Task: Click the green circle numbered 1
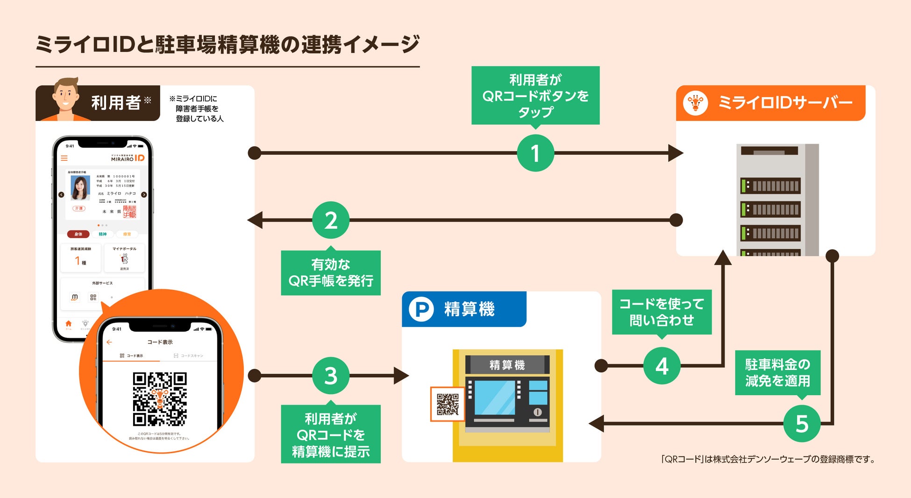[x=535, y=153]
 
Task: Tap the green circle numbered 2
[x=331, y=220]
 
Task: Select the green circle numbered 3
[x=331, y=376]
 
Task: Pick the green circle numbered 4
[x=662, y=366]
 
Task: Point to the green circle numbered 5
[x=802, y=424]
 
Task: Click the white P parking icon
[x=421, y=309]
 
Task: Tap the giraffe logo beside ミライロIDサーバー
[x=695, y=103]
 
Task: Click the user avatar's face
[x=65, y=96]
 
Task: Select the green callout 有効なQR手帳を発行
[x=331, y=273]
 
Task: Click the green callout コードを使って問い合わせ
[x=662, y=312]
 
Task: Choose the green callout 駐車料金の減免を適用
[x=777, y=373]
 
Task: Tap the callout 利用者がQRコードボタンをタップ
[x=535, y=95]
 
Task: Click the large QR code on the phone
[x=160, y=399]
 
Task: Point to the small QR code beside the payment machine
[x=447, y=404]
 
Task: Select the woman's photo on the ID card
[x=80, y=187]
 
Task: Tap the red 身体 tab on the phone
[x=78, y=234]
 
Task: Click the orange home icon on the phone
[x=69, y=324]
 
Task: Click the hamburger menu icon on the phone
[x=64, y=158]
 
